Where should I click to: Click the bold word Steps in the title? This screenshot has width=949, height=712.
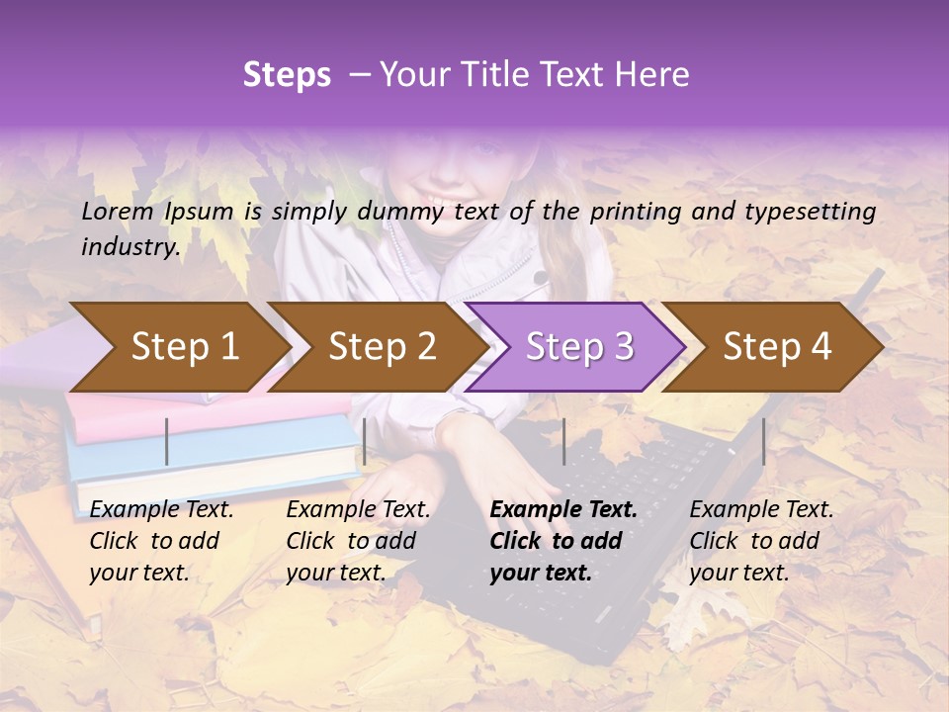(287, 75)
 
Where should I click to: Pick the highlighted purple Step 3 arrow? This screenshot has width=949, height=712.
(579, 347)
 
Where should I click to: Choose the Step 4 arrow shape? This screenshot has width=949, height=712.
(777, 347)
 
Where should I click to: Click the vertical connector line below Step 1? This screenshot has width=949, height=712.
(167, 441)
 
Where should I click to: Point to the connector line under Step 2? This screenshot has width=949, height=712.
(365, 441)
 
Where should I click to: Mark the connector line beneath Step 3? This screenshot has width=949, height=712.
(563, 441)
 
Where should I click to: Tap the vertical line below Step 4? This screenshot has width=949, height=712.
(763, 441)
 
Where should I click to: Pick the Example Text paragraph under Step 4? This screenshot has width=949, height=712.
(761, 541)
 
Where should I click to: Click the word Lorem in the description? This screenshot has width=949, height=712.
(118, 211)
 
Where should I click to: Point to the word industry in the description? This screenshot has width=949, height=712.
(129, 247)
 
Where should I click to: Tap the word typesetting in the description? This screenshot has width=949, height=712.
(811, 212)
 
